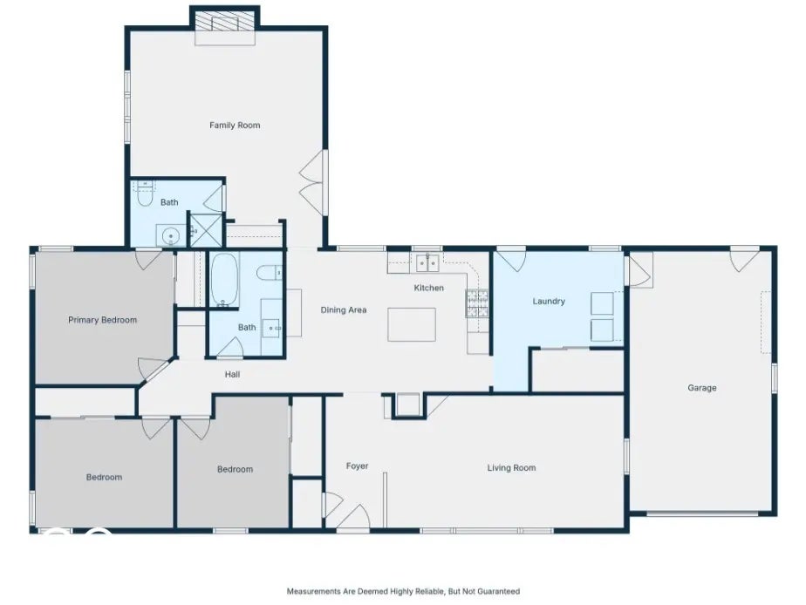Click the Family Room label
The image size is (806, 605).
[235, 125]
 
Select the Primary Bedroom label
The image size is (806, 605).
[102, 320]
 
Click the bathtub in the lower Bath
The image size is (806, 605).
[225, 279]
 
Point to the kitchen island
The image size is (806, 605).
[412, 324]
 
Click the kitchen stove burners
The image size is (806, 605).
[477, 303]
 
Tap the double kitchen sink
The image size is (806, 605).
[427, 263]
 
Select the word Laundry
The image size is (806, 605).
[549, 301]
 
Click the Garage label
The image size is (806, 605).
[701, 388]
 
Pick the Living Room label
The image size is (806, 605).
[511, 467]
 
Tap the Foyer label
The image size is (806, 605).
[357, 466]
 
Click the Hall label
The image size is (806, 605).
[232, 374]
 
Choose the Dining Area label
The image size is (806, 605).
[344, 309]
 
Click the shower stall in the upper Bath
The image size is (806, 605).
[206, 230]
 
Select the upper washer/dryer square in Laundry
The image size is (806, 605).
[602, 303]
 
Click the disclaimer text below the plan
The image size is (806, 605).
[403, 591]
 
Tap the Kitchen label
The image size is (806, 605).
[428, 288]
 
